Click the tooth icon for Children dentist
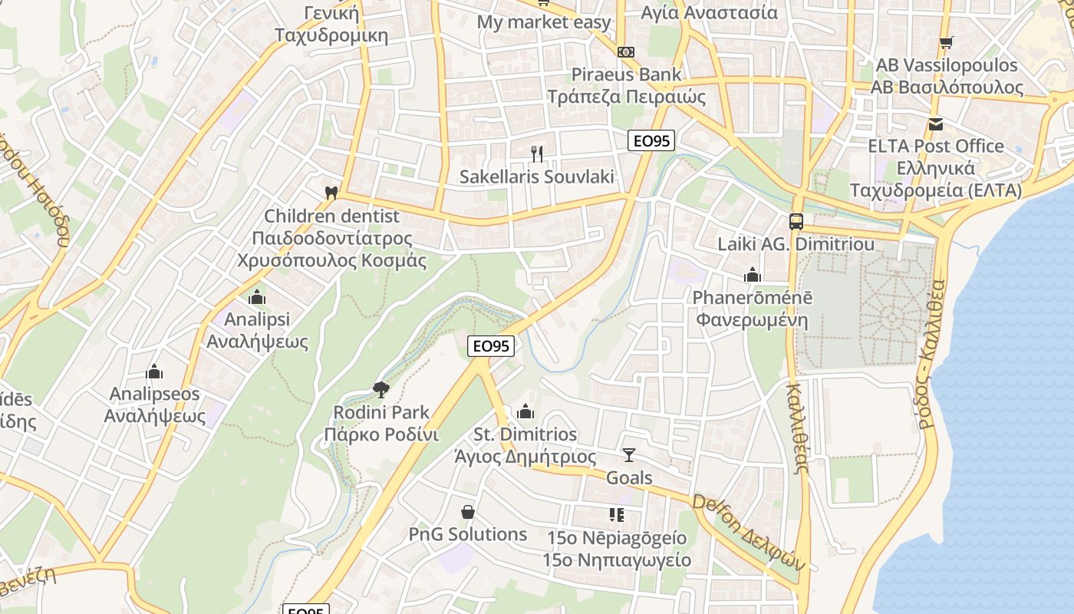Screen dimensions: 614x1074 pos(331,193)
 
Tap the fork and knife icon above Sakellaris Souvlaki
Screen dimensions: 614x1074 pos(537,154)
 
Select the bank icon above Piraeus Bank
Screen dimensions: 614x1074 pos(626,51)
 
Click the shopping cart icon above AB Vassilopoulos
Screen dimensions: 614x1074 pos(946,42)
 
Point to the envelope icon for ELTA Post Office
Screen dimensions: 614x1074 pos(935,124)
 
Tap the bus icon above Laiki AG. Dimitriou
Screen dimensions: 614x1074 pos(796,222)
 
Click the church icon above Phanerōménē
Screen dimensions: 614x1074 pos(752,275)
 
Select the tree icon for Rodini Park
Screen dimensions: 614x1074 pos(381,390)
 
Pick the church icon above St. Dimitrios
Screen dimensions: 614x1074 pos(525,411)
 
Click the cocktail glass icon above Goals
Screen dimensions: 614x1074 pos(629,455)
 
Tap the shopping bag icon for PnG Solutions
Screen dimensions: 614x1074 pos(468,511)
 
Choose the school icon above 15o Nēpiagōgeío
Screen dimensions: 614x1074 pos(617,514)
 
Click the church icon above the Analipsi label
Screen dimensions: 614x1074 pos(257,296)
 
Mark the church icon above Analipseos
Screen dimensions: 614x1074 pos(155,372)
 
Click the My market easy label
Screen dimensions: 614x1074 pos(544,22)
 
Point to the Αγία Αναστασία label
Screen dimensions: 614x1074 pos(709,12)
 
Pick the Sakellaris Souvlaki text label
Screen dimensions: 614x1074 pos(537,177)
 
